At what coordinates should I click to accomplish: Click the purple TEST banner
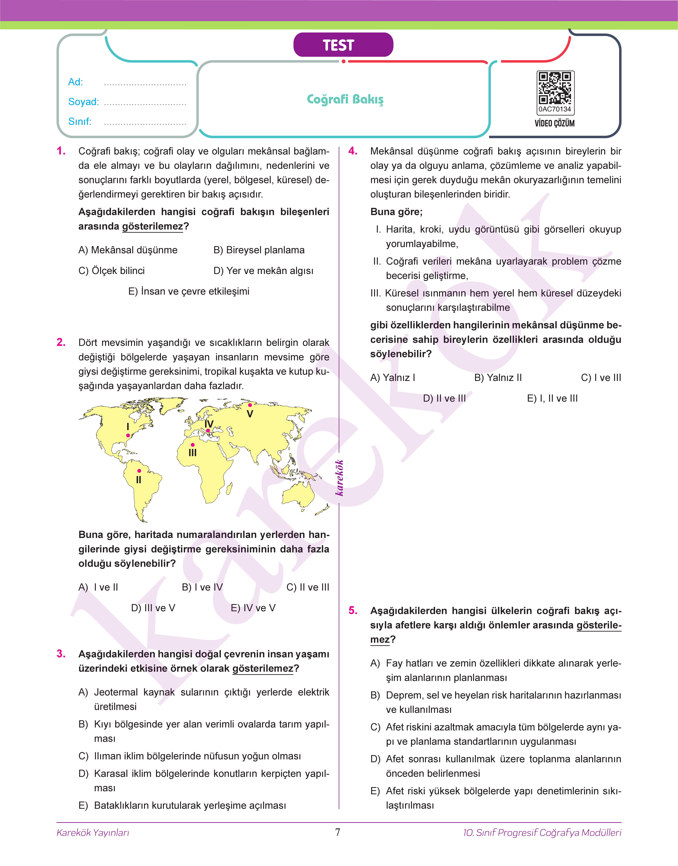click(343, 45)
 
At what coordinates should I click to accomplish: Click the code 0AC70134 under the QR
click(555, 109)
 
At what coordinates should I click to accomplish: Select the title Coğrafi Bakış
click(345, 99)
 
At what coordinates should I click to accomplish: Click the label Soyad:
click(83, 102)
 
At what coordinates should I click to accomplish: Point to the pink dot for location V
click(250, 405)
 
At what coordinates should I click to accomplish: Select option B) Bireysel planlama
click(259, 250)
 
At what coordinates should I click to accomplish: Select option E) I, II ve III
click(552, 398)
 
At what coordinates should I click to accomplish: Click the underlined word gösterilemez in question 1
click(152, 226)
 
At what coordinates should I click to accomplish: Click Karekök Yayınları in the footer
click(93, 833)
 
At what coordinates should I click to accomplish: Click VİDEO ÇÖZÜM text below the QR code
click(555, 123)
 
